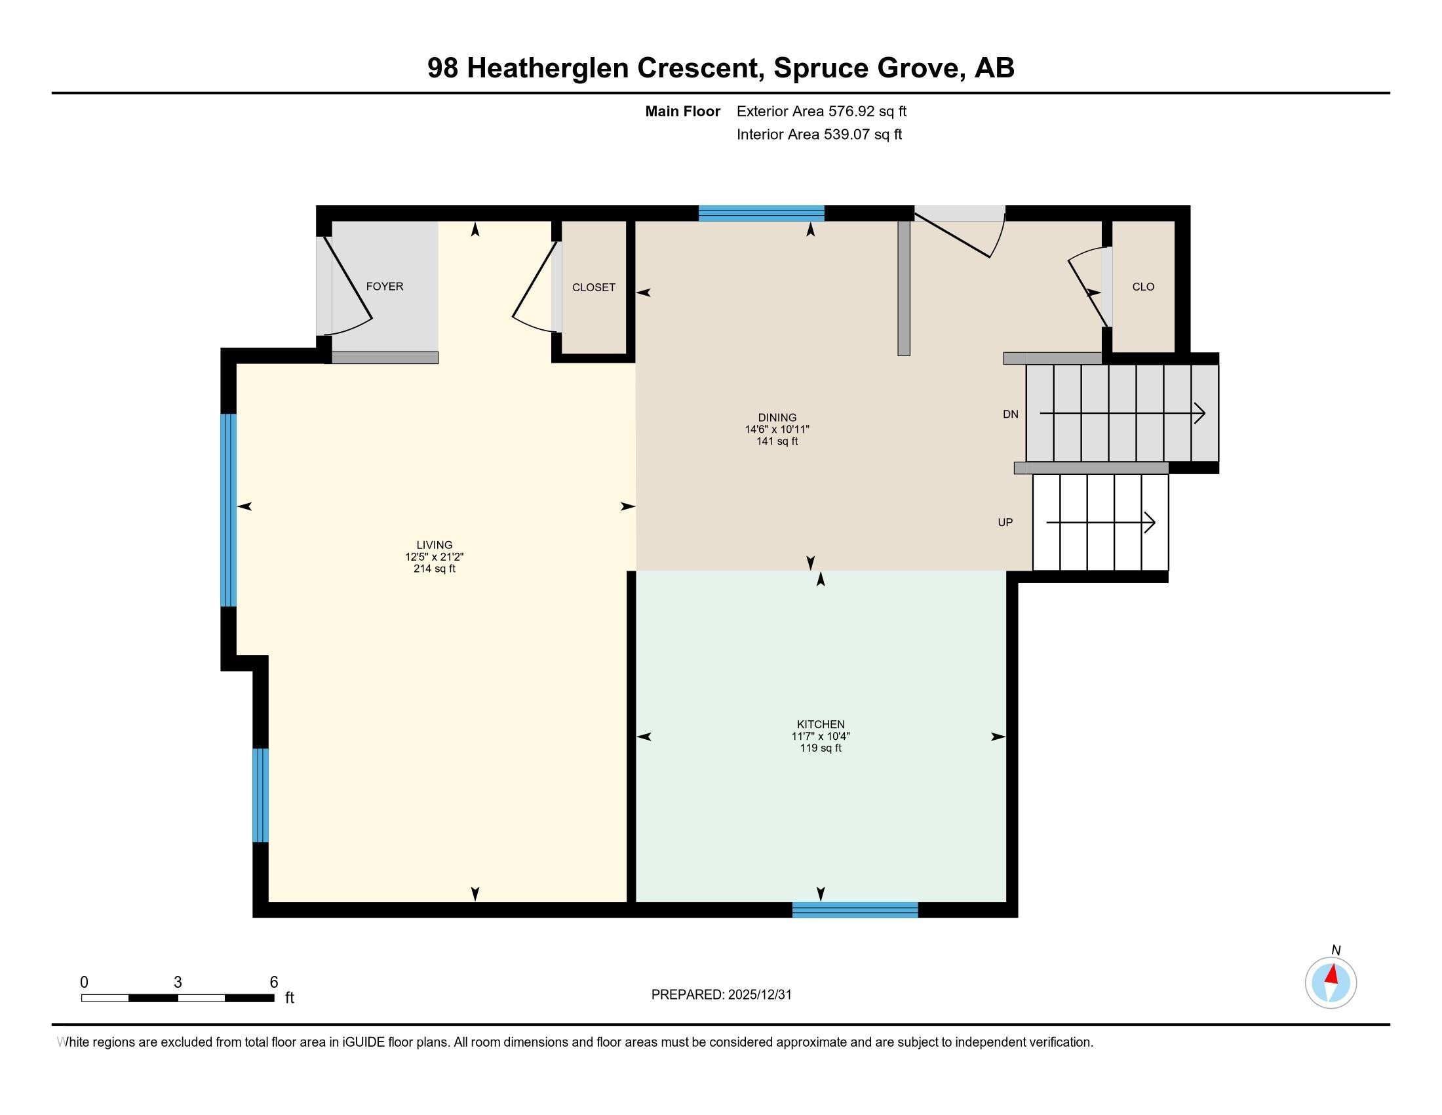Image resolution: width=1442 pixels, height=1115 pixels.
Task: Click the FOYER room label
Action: coord(384,287)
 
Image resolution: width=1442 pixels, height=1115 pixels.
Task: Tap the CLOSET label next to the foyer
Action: coord(594,287)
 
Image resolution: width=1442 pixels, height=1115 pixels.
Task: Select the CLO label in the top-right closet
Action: coord(1143,287)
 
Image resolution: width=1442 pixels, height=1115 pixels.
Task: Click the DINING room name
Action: coord(777,417)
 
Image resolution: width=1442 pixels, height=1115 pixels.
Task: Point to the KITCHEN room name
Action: coord(821,725)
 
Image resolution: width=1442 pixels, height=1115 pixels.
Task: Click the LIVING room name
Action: coord(435,545)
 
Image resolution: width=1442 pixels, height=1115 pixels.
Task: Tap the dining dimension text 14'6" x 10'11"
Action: coord(777,430)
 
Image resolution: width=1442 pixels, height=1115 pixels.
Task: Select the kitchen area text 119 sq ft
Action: coord(821,748)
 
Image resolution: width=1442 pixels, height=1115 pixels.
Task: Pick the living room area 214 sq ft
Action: coord(435,569)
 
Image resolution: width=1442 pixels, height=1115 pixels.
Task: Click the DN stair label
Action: coord(1010,414)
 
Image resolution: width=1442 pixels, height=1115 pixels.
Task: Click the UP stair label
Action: coord(1005,523)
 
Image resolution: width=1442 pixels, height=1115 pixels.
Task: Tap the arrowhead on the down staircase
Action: coord(1200,414)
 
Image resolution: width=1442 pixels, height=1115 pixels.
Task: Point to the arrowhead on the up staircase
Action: coord(1150,523)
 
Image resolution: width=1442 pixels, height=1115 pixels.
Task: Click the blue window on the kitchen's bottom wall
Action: coord(855,910)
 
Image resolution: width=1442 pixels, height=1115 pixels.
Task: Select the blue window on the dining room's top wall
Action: coord(761,213)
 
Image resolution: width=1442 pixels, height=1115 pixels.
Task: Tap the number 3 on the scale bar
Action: coord(178,983)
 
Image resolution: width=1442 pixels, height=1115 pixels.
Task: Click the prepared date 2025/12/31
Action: coord(759,995)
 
